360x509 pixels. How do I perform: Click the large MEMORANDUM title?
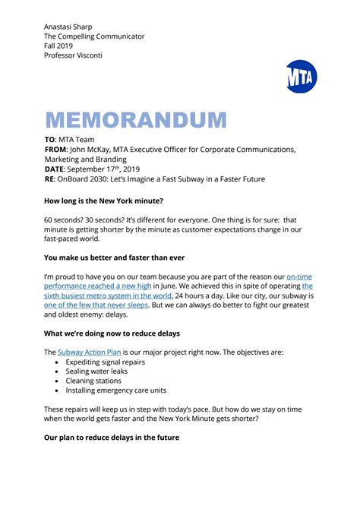click(x=136, y=120)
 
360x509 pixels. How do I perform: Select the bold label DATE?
click(x=55, y=169)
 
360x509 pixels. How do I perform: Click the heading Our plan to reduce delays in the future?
click(x=121, y=438)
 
